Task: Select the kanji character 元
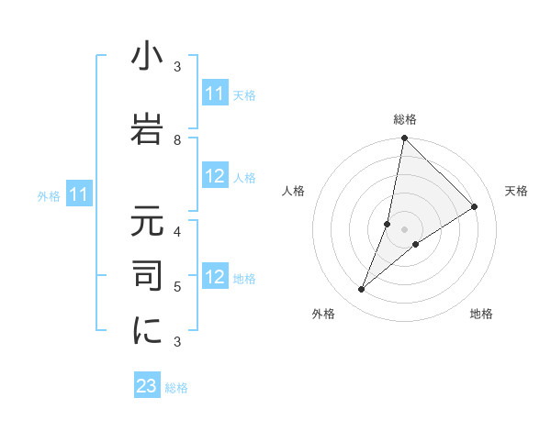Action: pyautogui.click(x=147, y=224)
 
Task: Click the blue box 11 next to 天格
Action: pyautogui.click(x=215, y=94)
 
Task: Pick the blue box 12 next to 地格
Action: pyautogui.click(x=215, y=277)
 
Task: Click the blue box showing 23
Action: pyautogui.click(x=147, y=386)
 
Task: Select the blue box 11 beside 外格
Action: pyautogui.click(x=79, y=194)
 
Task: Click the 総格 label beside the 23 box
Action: pyautogui.click(x=176, y=388)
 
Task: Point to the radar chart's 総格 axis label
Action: pyautogui.click(x=405, y=119)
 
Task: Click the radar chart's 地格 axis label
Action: pyautogui.click(x=481, y=315)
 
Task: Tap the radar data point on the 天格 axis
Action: pyautogui.click(x=474, y=206)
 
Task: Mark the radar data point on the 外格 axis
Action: pyautogui.click(x=362, y=290)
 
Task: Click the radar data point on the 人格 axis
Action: pyautogui.click(x=388, y=224)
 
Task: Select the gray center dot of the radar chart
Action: pyautogui.click(x=405, y=229)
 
